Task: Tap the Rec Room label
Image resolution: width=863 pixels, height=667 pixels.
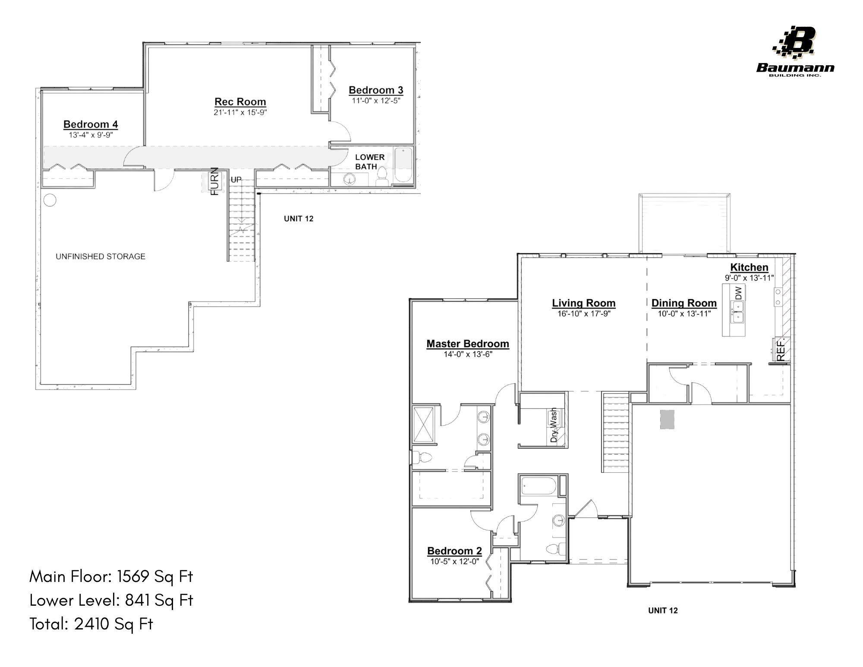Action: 240,102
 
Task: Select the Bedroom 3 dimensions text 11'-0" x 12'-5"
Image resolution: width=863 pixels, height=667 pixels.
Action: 376,101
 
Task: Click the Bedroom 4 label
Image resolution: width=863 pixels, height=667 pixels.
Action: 91,124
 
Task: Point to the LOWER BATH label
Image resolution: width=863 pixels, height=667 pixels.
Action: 369,162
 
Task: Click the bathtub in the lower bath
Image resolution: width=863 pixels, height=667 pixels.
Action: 403,165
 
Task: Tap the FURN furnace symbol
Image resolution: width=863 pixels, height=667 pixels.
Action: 214,182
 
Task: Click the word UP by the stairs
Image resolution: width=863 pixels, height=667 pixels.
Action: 236,180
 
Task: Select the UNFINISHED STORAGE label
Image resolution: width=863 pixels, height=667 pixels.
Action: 101,256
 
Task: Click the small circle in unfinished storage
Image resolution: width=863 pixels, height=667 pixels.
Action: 50,200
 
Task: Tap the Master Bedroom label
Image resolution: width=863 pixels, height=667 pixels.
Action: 468,344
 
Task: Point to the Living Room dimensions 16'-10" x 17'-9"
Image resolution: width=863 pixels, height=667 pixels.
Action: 584,314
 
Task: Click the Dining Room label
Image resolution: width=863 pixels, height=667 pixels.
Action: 684,303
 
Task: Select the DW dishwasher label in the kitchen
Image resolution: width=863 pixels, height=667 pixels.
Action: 739,293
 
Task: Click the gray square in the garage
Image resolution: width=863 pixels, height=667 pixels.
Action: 667,419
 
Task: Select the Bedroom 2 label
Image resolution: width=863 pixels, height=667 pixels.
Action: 454,551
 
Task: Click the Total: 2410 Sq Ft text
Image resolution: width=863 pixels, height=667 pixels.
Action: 91,624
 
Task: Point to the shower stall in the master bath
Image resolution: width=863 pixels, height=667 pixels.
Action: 424,424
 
